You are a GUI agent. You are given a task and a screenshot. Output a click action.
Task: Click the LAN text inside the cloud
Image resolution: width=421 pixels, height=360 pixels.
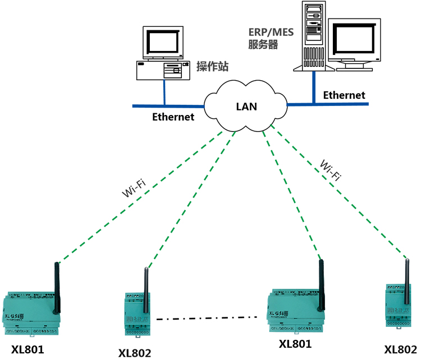[246, 106]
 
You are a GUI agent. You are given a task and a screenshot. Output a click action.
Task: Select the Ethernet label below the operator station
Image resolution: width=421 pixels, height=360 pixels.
[173, 117]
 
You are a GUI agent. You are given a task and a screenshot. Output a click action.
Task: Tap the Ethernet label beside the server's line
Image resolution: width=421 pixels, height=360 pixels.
[344, 95]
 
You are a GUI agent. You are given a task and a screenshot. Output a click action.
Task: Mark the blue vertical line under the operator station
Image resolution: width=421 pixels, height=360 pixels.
[164, 92]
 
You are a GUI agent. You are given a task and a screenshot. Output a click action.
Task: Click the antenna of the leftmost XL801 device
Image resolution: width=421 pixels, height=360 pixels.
[57, 286]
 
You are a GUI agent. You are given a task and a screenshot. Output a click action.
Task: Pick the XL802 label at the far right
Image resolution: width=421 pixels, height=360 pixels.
[400, 349]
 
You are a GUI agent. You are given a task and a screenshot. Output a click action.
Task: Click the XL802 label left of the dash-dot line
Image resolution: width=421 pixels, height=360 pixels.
[135, 353]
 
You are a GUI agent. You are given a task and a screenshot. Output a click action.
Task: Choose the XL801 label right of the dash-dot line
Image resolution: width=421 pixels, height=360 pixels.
[295, 344]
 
